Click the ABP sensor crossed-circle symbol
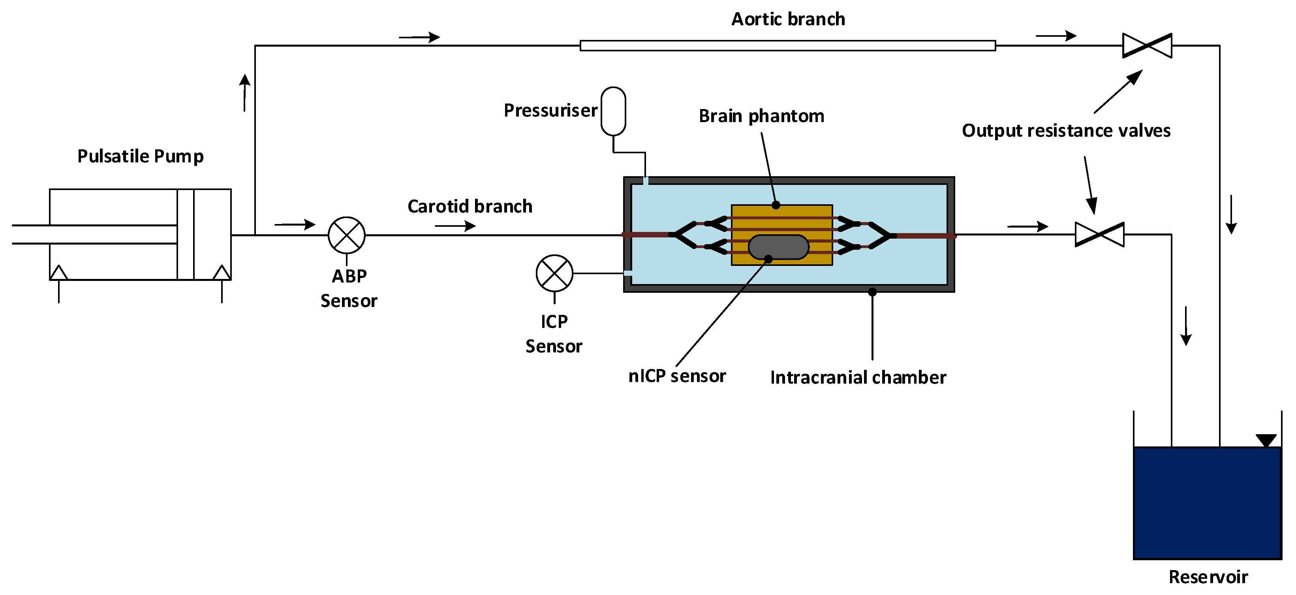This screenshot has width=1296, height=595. (347, 235)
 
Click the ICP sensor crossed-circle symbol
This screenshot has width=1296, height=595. (554, 273)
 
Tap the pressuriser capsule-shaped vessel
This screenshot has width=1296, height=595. (613, 111)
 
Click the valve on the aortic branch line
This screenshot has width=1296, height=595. (1147, 46)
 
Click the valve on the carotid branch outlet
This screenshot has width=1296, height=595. (1099, 235)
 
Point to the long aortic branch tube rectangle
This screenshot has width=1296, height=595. (787, 46)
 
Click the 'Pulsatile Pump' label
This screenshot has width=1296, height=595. (140, 156)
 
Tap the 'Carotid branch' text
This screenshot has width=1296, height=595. (470, 206)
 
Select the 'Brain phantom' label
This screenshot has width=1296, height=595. (761, 116)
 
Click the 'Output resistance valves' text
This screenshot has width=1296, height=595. (1066, 131)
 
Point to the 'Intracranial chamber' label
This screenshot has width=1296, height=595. (858, 378)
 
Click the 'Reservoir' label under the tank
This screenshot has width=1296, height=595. (1208, 577)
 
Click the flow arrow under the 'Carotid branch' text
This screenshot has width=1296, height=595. (455, 226)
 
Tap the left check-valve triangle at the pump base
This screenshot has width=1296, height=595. (59, 273)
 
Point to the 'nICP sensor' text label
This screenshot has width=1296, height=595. (677, 376)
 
